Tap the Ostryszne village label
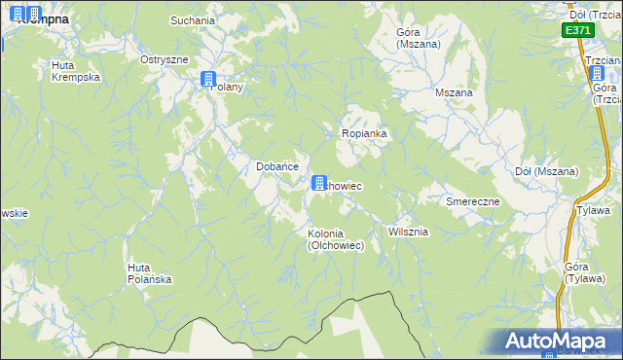tap(164, 59)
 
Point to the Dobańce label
tap(276, 166)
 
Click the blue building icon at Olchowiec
tap(318, 182)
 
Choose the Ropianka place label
tap(365, 133)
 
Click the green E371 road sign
tap(577, 30)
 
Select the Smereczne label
tap(472, 201)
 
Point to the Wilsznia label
tap(408, 232)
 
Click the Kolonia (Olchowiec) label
tap(336, 239)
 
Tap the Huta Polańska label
tap(149, 273)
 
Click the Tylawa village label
tap(593, 210)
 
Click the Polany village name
tap(230, 87)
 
